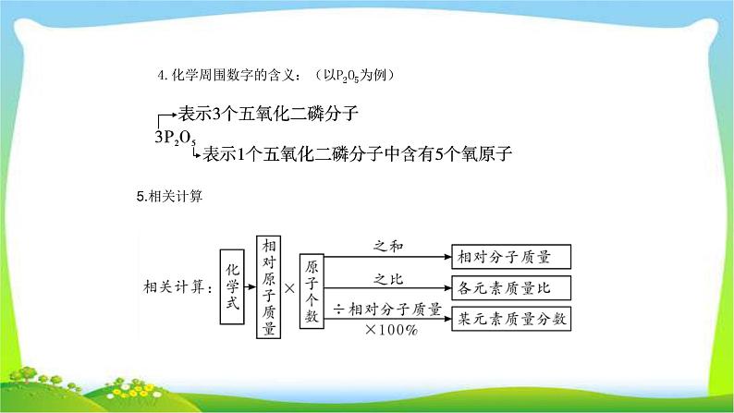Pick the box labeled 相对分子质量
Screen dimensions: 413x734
coord(509,256)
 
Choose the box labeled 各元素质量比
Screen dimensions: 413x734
coord(509,287)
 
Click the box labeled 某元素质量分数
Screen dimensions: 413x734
coord(509,320)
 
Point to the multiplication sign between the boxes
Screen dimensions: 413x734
coord(290,287)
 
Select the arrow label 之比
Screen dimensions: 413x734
coord(387,277)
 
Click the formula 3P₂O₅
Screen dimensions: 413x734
coord(175,139)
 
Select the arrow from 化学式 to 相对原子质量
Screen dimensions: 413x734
coord(251,286)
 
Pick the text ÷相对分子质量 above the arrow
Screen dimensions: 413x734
coord(386,310)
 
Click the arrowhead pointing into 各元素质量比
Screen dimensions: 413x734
coord(447,287)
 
